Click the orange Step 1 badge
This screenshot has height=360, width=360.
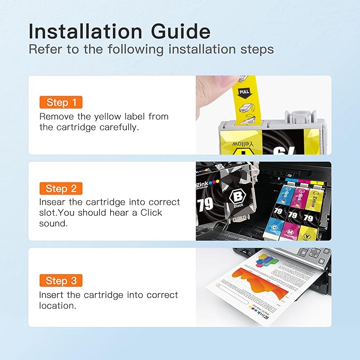[x=61, y=102]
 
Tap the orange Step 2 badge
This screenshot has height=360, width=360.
[x=61, y=189]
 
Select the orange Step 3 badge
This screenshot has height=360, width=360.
[x=61, y=281]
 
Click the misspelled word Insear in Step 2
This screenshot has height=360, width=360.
[x=53, y=203]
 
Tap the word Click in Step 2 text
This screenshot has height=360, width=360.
[x=148, y=213]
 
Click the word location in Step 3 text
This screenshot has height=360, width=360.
[x=56, y=306]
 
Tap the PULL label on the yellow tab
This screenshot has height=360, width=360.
[x=244, y=92]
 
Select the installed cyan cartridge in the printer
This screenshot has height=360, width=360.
[x=277, y=212]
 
